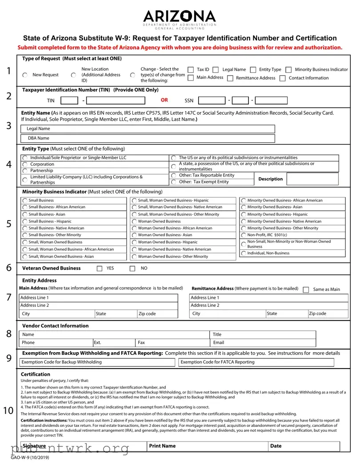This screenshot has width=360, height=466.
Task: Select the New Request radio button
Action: [x=25, y=75]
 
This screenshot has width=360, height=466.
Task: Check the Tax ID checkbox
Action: [x=191, y=70]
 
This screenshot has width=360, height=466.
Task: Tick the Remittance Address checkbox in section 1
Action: [x=230, y=78]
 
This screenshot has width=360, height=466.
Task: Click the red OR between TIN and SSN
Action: [x=164, y=100]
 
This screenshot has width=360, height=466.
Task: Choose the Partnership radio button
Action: [x=25, y=171]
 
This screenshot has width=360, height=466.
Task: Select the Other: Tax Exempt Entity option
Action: [x=174, y=182]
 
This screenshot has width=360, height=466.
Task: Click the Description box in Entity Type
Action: [x=312, y=179]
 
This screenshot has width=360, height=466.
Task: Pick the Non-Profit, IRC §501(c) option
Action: [x=244, y=235]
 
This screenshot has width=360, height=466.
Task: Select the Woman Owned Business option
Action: [x=134, y=221]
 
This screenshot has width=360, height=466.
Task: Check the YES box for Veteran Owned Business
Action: [x=100, y=269]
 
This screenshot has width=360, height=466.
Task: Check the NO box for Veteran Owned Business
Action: [x=132, y=269]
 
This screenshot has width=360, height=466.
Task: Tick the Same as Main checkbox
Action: [x=306, y=290]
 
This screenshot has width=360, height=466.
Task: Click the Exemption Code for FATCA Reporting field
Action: [x=256, y=362]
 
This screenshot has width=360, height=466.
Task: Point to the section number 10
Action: [x=8, y=410]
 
